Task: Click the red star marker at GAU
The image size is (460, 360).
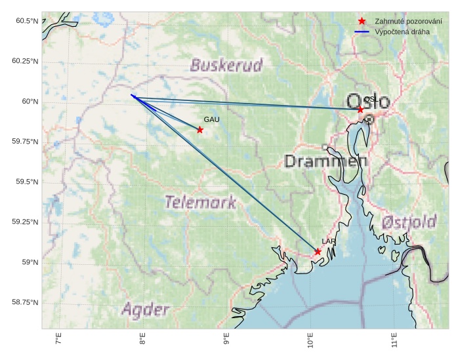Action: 199,130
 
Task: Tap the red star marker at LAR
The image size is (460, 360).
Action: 318,252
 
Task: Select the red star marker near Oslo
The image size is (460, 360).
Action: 360,110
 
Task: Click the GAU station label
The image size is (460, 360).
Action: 211,120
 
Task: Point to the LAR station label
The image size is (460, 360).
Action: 329,242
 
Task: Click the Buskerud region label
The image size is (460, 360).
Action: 226,65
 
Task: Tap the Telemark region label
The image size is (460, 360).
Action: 200,202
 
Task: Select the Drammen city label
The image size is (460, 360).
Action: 325,161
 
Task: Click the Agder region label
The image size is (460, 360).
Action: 146,310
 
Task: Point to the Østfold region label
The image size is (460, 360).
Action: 409,222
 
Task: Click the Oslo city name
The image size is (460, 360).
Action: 367,102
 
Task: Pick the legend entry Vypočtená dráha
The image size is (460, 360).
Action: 402,31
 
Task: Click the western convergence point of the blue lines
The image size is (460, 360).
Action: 131,95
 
